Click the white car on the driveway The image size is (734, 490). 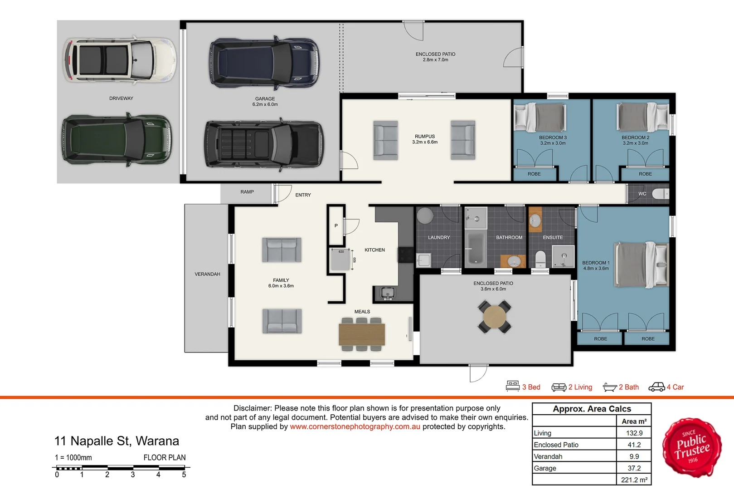[120, 60]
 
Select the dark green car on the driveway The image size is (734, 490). [117, 139]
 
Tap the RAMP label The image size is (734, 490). [247, 192]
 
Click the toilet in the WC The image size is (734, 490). [660, 194]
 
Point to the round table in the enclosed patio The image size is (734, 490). [495, 317]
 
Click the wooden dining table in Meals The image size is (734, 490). [362, 334]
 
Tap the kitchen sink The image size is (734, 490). [387, 293]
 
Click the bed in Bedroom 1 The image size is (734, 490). [641, 265]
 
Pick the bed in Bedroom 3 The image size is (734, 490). [541, 117]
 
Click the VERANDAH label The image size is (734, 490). [208, 274]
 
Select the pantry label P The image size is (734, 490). [336, 225]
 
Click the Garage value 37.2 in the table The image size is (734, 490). [634, 468]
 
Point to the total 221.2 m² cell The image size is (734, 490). [634, 480]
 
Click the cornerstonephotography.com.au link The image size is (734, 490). [355, 426]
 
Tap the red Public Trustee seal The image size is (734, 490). [692, 447]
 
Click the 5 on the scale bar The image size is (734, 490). [184, 475]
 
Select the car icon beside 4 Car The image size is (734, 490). [656, 387]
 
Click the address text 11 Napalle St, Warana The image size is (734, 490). [117, 441]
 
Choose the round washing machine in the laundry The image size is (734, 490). [425, 216]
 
